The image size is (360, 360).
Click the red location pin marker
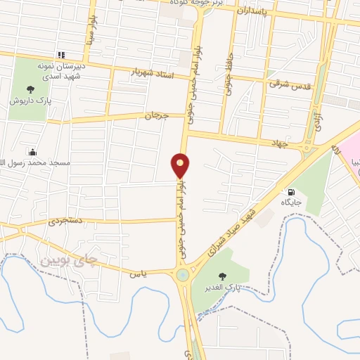(181, 166)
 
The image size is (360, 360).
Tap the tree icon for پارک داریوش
(30, 89)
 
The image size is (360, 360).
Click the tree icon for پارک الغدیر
(223, 276)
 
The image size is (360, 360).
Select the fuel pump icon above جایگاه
(290, 191)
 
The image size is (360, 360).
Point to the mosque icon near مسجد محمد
(32, 152)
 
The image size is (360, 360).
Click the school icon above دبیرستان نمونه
(61, 54)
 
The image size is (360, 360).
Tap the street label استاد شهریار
(153, 73)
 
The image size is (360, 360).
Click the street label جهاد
(282, 143)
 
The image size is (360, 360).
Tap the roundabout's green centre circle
(184, 274)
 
